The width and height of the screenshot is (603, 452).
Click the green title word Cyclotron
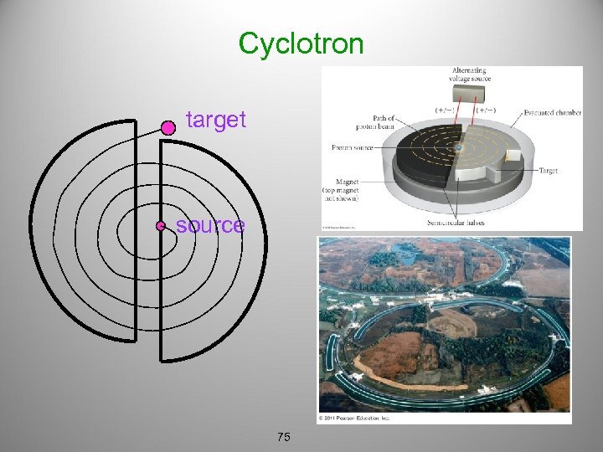301,43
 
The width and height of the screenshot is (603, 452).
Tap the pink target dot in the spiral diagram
167,127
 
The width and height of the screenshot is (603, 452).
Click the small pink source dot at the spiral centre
160,226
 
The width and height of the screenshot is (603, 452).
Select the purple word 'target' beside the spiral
216,120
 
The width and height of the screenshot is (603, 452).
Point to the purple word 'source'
210,225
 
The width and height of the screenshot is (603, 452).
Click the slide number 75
283,437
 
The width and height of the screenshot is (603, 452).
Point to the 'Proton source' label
353,147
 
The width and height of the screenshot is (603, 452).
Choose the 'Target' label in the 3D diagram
548,171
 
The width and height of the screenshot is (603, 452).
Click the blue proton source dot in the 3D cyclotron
459,149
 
